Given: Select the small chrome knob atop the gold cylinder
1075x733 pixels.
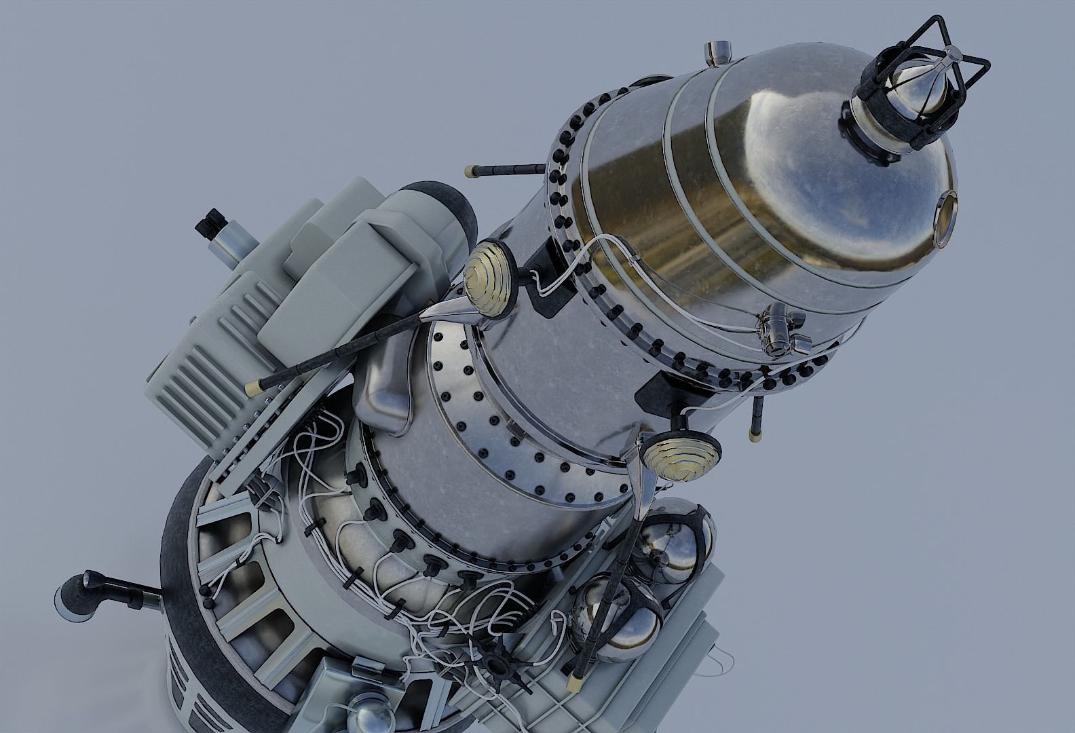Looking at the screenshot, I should pyautogui.click(x=717, y=51).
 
